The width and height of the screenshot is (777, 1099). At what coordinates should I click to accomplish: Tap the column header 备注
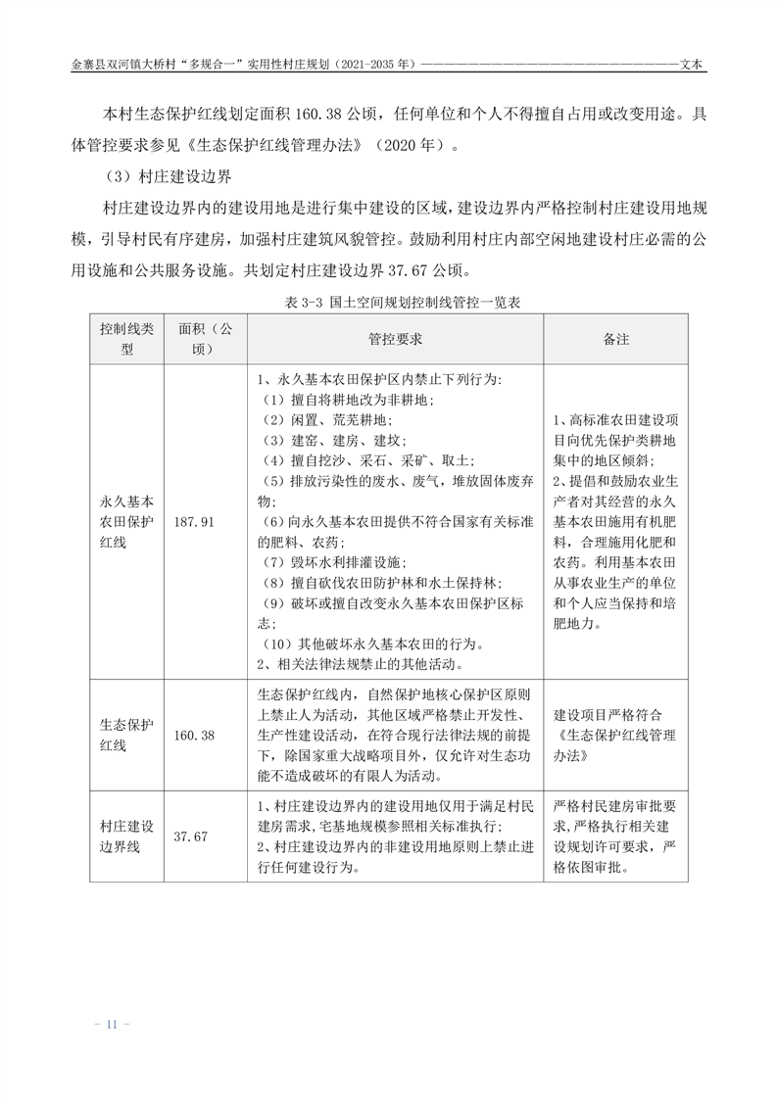point(615,338)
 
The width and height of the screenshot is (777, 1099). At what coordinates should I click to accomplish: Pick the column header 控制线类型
point(126,338)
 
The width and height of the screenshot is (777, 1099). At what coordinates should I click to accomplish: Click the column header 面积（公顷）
point(206,338)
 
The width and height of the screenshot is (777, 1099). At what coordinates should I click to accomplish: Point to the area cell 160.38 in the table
point(193,735)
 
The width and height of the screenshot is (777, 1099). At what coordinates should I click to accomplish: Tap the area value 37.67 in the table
point(191,836)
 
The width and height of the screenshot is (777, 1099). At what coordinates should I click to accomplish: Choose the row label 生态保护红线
point(126,735)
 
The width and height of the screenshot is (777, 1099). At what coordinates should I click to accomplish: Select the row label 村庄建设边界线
point(126,836)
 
